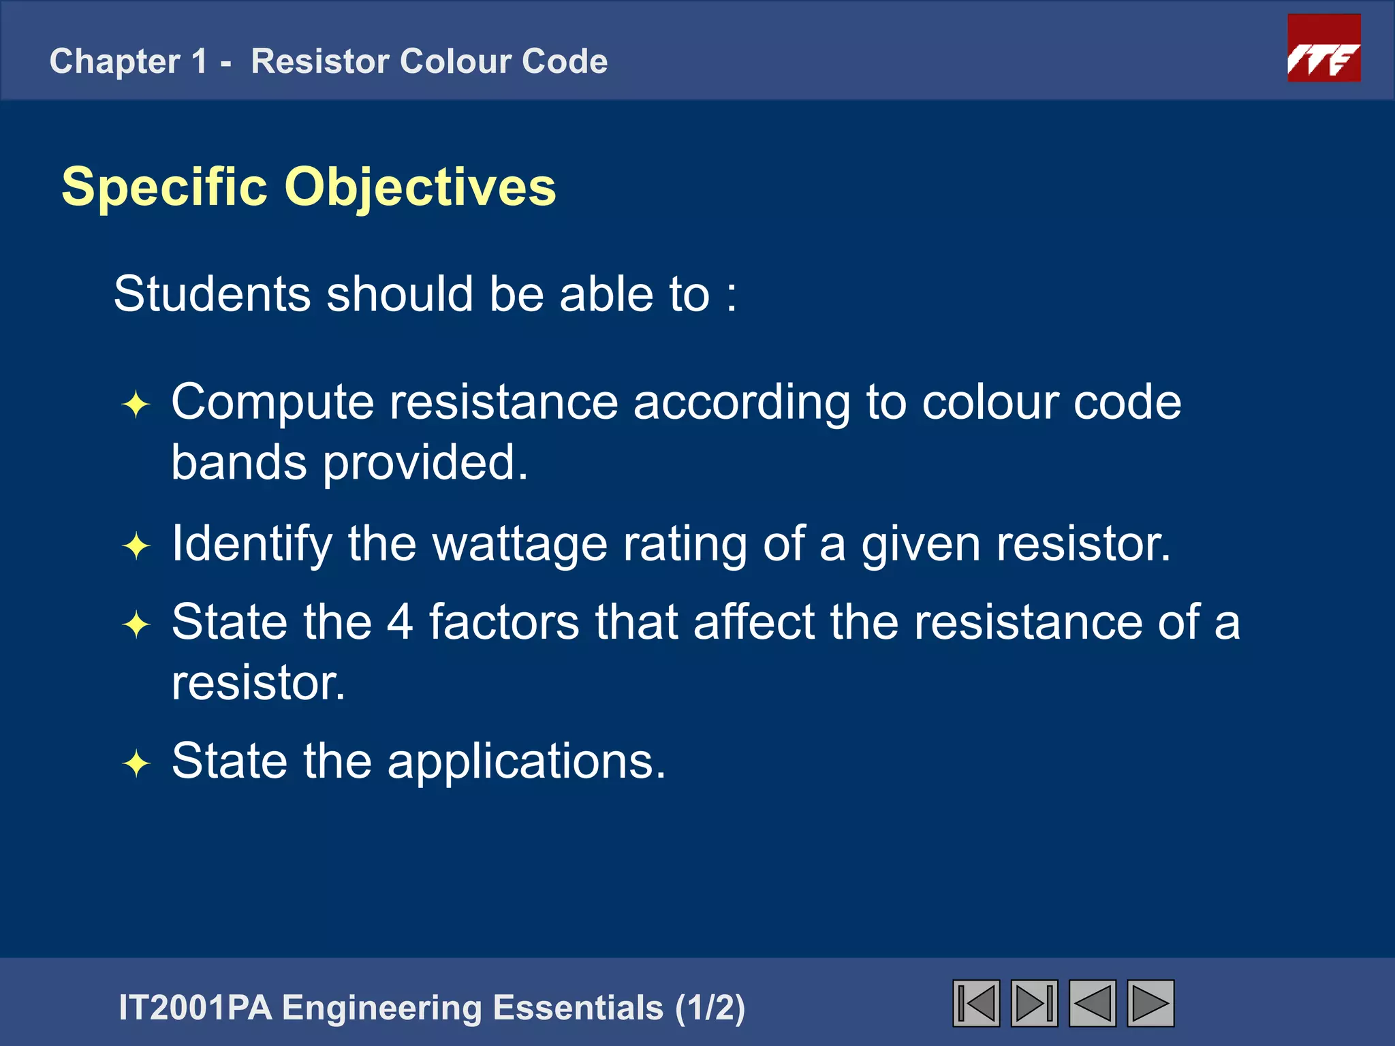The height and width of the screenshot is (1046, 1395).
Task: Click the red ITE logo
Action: [x=1323, y=48]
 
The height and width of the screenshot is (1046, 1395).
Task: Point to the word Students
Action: [x=211, y=294]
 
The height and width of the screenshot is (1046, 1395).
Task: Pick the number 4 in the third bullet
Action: [x=400, y=622]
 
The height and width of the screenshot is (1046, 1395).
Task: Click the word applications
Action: [x=525, y=761]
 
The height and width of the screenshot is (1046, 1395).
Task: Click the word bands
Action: [x=238, y=462]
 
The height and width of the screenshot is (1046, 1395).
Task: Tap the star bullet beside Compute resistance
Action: [x=136, y=405]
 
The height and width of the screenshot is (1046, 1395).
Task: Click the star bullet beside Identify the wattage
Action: [x=136, y=546]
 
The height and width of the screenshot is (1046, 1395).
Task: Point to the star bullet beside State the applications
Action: [x=136, y=763]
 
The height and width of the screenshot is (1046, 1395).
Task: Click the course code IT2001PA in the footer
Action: [x=195, y=1008]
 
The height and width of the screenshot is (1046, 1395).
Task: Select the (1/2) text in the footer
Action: [x=710, y=1008]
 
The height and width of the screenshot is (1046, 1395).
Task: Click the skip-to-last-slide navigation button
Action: [x=1034, y=1003]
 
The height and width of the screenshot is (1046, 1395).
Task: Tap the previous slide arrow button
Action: [x=1092, y=1003]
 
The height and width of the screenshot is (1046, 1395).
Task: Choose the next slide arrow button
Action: [x=1150, y=1003]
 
